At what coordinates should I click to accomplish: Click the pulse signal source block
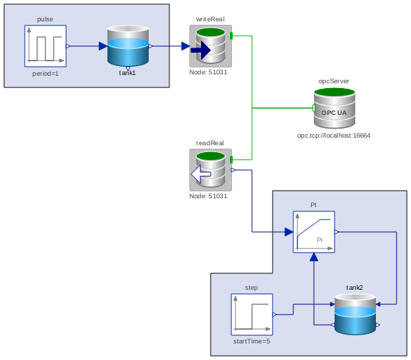(45, 46)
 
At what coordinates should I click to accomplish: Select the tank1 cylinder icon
(128, 46)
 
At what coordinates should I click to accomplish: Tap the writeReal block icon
(211, 46)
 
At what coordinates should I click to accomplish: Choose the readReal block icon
(211, 170)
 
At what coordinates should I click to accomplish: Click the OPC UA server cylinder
(335, 108)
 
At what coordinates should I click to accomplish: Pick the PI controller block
(314, 232)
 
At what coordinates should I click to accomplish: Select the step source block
(252, 315)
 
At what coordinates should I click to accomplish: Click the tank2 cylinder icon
(355, 315)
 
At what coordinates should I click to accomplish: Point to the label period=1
(45, 73)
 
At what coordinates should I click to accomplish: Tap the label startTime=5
(252, 341)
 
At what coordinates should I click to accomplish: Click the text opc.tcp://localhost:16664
(334, 136)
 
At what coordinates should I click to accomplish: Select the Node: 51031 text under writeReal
(209, 72)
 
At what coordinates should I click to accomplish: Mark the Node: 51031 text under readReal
(209, 196)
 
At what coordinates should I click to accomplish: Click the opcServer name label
(334, 81)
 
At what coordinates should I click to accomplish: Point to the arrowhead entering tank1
(103, 46)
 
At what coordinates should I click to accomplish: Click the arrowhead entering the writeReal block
(185, 46)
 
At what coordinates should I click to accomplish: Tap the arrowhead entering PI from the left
(288, 232)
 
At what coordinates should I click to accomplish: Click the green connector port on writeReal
(232, 36)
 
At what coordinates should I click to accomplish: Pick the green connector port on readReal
(232, 160)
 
